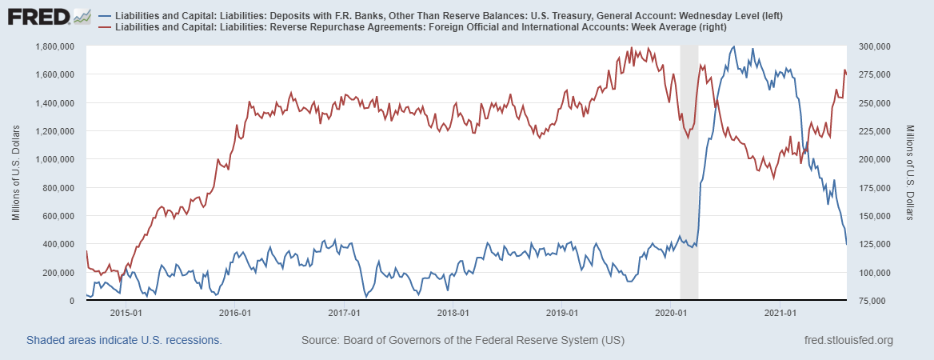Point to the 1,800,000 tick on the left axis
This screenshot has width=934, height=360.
pyautogui.click(x=55, y=46)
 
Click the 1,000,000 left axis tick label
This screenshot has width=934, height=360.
pyautogui.click(x=55, y=159)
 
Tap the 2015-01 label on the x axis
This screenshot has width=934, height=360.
pyautogui.click(x=126, y=312)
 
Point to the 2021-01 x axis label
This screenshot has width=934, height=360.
pyautogui.click(x=780, y=312)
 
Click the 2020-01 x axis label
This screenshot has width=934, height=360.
pyautogui.click(x=671, y=312)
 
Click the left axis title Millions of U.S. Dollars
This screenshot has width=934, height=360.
pyautogui.click(x=17, y=173)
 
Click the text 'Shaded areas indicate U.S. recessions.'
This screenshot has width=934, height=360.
pyautogui.click(x=124, y=341)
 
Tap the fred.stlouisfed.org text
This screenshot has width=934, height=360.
pyautogui.click(x=847, y=341)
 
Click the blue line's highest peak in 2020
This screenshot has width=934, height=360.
pyautogui.click(x=734, y=46)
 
